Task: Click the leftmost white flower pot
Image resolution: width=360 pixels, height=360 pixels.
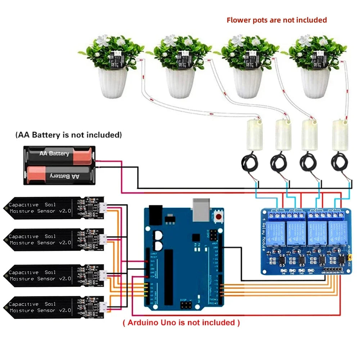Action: [x=113, y=82]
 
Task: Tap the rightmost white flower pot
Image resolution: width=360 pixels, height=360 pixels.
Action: [x=315, y=82]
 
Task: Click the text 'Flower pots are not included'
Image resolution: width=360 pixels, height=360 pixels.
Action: [x=276, y=20]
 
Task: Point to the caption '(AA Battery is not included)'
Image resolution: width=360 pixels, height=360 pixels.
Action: [x=68, y=135]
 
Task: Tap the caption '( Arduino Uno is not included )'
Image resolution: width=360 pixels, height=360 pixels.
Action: [x=181, y=322]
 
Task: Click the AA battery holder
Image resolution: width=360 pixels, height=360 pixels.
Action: [x=59, y=165]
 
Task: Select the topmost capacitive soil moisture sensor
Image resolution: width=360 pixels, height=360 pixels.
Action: [x=54, y=208]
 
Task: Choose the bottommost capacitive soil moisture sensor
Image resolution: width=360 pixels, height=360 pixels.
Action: [x=54, y=307]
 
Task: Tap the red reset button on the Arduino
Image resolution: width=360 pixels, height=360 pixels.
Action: [x=218, y=216]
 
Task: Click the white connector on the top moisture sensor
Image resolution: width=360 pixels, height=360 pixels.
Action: [x=103, y=207]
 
